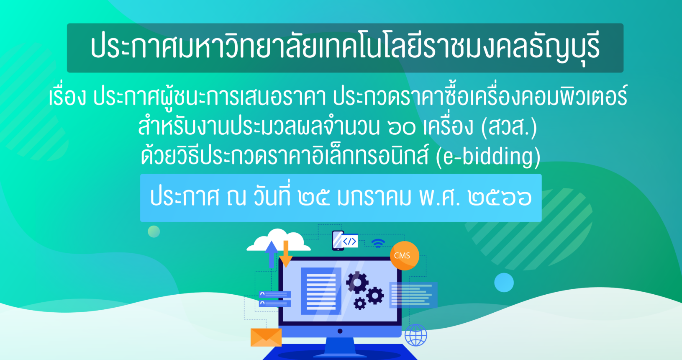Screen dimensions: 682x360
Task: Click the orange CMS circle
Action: pyautogui.click(x=404, y=256)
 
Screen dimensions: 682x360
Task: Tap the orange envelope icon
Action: pyautogui.click(x=266, y=337)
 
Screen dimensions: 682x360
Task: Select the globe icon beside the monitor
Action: pyautogui.click(x=416, y=335)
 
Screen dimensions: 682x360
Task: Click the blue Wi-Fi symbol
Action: pyautogui.click(x=378, y=243)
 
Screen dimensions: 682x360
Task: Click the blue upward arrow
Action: pyautogui.click(x=271, y=255)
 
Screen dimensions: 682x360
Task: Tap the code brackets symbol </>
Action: pyautogui.click(x=349, y=242)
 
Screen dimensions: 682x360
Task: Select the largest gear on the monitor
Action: pyautogui.click(x=357, y=282)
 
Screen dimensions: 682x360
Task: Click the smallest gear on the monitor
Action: pyautogui.click(x=359, y=303)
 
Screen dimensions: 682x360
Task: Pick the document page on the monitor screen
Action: pyautogui.click(x=321, y=291)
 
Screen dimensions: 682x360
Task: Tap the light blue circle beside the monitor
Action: pyautogui.click(x=504, y=282)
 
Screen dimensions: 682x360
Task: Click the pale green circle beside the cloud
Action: pyautogui.click(x=154, y=231)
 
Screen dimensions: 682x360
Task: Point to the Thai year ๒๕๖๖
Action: pyautogui.click(x=500, y=197)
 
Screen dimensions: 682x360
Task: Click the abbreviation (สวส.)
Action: pyautogui.click(x=509, y=127)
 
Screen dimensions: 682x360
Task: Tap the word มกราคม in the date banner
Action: pyautogui.click(x=374, y=197)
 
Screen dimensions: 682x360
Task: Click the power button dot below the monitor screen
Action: pyautogui.click(x=340, y=331)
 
